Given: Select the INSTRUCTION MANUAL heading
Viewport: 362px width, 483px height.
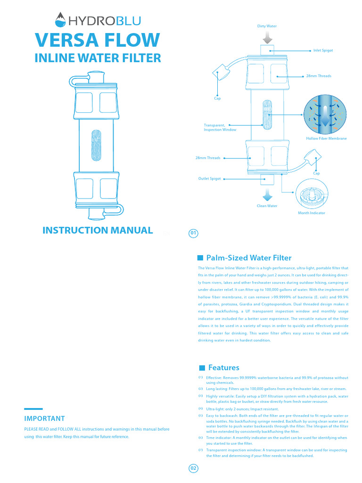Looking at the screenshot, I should pyautogui.click(x=98, y=230).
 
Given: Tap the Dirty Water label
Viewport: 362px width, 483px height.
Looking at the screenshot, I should pyautogui.click(x=267, y=26).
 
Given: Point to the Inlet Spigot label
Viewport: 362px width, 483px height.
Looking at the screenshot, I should pyautogui.click(x=323, y=50).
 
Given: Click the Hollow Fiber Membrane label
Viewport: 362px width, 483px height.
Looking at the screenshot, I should pyautogui.click(x=326, y=138).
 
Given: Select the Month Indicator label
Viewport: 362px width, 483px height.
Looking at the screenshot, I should pyautogui.click(x=311, y=213).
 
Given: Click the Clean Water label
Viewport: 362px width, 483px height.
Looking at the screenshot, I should pyautogui.click(x=267, y=206).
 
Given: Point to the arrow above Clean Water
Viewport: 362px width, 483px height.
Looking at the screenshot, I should pyautogui.click(x=267, y=194).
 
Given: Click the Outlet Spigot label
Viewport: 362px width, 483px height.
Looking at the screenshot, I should pyautogui.click(x=209, y=179).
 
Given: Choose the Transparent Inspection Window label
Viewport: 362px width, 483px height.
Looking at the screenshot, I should pyautogui.click(x=220, y=127).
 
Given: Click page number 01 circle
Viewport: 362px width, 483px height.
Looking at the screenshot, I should pyautogui.click(x=193, y=233).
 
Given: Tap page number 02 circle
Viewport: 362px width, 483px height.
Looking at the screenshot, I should pyautogui.click(x=193, y=468).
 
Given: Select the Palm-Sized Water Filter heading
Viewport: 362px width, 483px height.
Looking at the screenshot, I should pyautogui.click(x=249, y=258).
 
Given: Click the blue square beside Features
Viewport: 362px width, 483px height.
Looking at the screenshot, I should pyautogui.click(x=202, y=368).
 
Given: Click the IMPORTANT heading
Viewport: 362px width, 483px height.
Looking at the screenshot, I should pyautogui.click(x=44, y=418).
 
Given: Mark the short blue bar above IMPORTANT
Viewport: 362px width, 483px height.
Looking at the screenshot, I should pyautogui.click(x=33, y=408).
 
